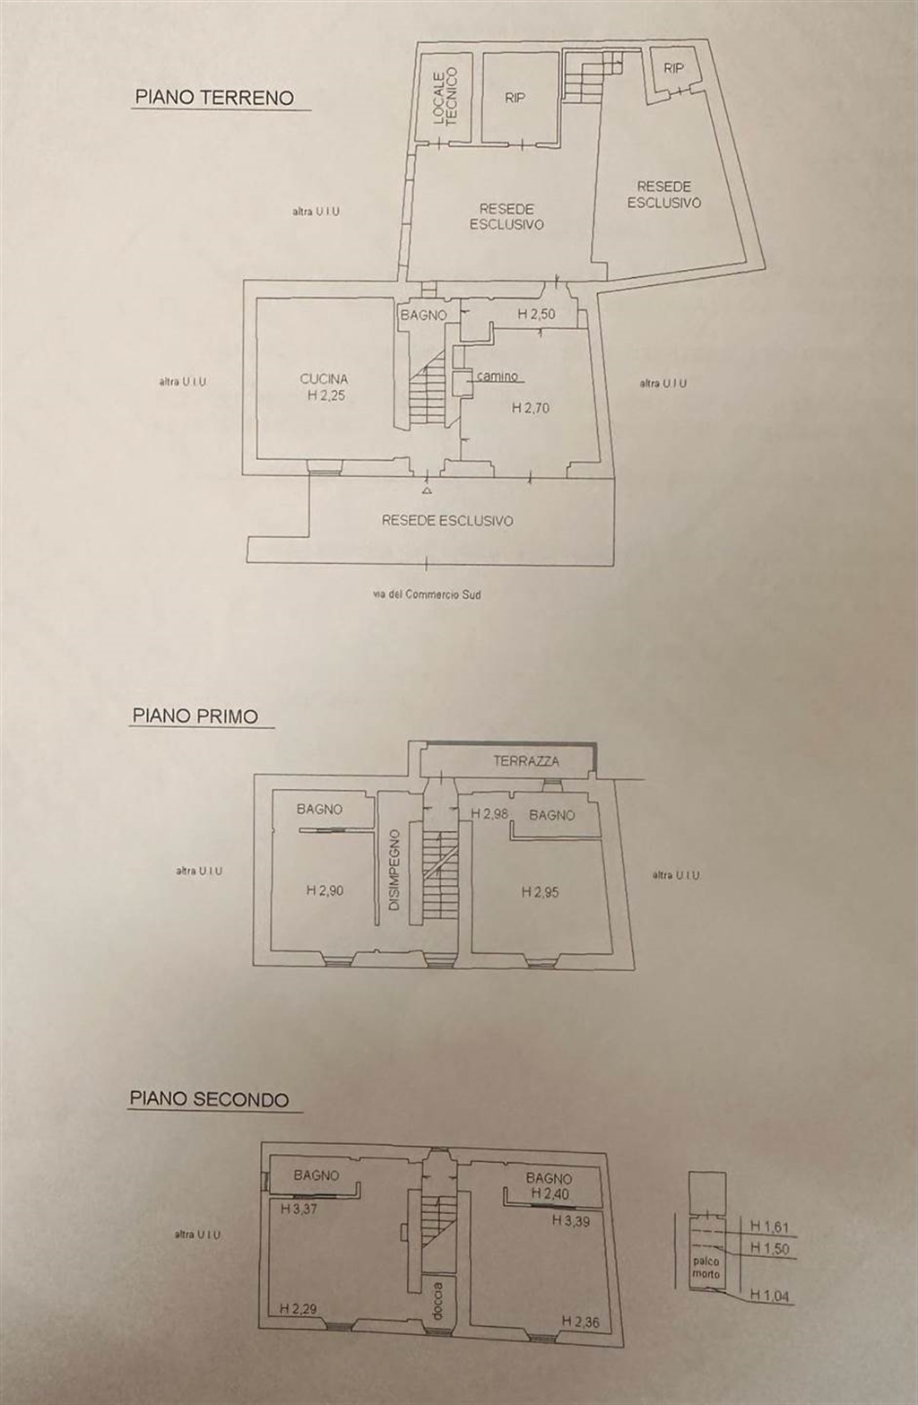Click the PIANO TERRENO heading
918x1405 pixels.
click(213, 98)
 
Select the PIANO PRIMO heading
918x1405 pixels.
click(195, 716)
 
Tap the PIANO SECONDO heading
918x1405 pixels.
click(209, 1098)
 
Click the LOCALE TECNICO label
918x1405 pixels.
click(446, 96)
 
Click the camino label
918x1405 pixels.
click(497, 377)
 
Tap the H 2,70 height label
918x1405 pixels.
click(530, 408)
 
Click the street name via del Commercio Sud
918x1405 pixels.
click(427, 594)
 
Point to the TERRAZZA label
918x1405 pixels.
click(526, 761)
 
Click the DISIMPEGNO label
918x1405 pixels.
click(394, 871)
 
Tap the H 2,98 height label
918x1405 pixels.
click(489, 814)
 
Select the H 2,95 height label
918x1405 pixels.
click(540, 892)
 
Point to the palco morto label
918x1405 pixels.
click(706, 1266)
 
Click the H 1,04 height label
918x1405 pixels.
click(769, 1295)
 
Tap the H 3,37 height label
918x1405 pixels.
click(299, 1209)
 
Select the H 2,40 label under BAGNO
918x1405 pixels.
click(550, 1193)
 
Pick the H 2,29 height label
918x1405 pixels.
click(298, 1308)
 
